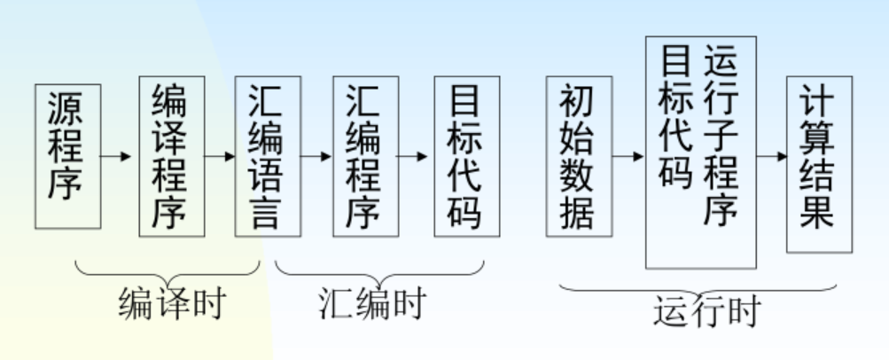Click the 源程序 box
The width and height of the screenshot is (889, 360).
click(x=67, y=155)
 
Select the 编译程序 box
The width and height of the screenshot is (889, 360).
click(x=171, y=156)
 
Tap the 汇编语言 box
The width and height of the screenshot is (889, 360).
click(x=267, y=156)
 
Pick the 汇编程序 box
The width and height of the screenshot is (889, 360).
click(x=365, y=156)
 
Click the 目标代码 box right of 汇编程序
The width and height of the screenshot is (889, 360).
click(x=466, y=156)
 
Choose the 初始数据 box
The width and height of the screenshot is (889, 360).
click(x=578, y=156)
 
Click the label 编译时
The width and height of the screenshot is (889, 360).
click(x=171, y=303)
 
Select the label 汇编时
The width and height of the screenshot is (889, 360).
click(x=371, y=303)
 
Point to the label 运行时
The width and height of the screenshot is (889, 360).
click(x=706, y=311)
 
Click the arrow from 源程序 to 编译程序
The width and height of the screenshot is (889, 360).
click(x=119, y=156)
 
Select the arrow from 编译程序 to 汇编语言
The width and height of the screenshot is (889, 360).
click(x=219, y=156)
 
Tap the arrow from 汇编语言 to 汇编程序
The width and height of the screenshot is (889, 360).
click(x=316, y=156)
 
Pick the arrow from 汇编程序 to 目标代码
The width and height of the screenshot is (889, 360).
click(x=416, y=156)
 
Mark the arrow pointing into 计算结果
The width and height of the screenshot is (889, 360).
click(x=771, y=156)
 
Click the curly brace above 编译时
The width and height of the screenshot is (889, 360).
click(x=168, y=270)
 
